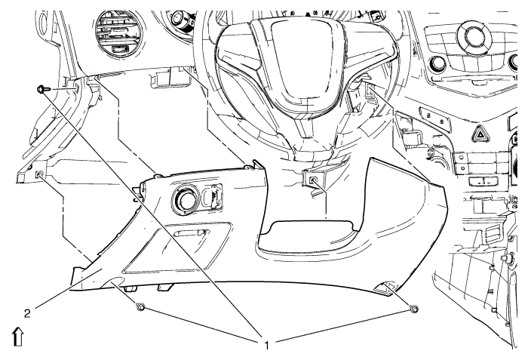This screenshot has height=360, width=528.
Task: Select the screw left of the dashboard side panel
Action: point(42,89)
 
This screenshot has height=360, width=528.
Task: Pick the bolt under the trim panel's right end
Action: point(413,308)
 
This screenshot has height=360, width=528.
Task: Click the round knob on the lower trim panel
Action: point(185,200)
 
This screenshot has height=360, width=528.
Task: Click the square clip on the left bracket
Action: point(38,175)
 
